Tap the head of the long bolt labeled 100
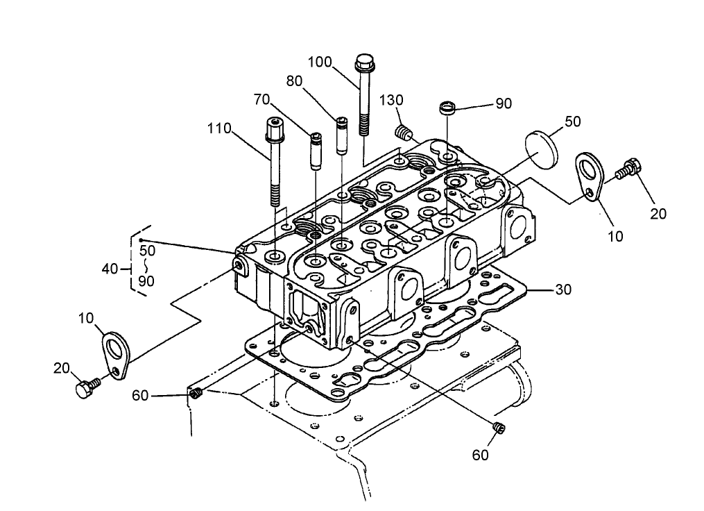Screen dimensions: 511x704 tap(364, 65)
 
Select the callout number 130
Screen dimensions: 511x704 tap(391, 100)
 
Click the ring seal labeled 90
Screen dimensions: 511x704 tap(449, 109)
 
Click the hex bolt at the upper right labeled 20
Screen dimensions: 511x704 tap(628, 168)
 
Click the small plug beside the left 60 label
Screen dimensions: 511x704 tap(195, 395)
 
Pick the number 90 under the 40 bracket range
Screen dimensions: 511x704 tap(146, 281)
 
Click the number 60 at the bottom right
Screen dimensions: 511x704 tap(481, 455)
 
